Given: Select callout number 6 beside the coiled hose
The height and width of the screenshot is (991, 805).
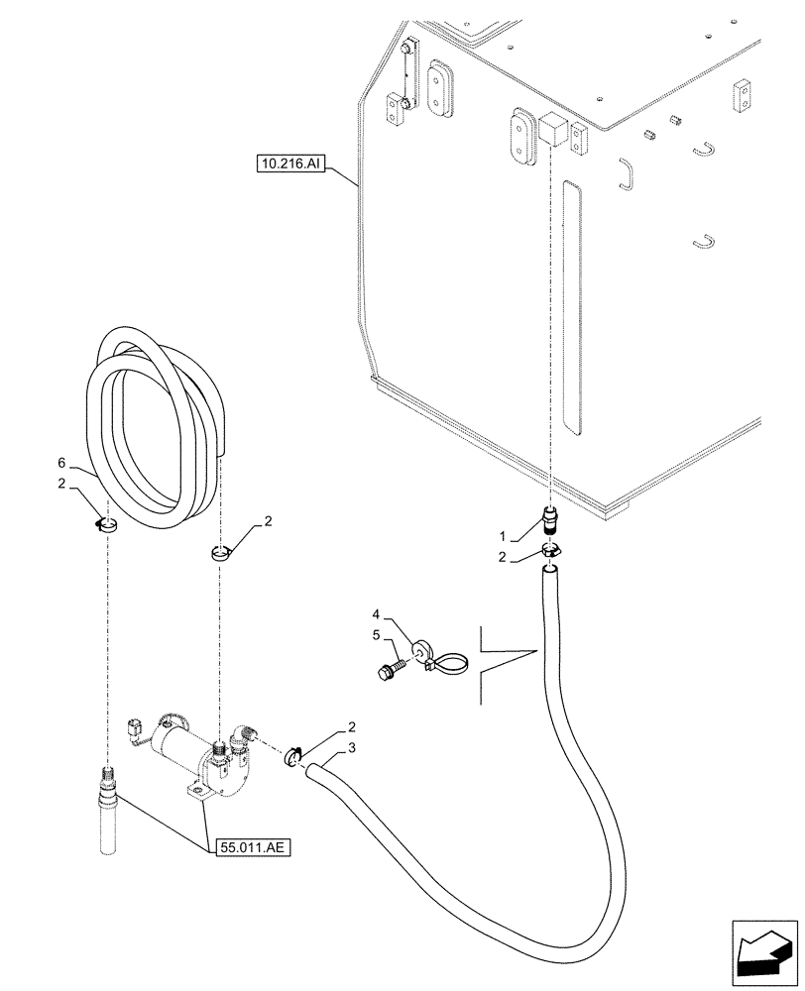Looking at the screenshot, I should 61,464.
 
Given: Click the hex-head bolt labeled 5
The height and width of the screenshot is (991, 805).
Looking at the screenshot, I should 388,670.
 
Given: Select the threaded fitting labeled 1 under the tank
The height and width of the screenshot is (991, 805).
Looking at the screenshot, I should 550,520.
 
